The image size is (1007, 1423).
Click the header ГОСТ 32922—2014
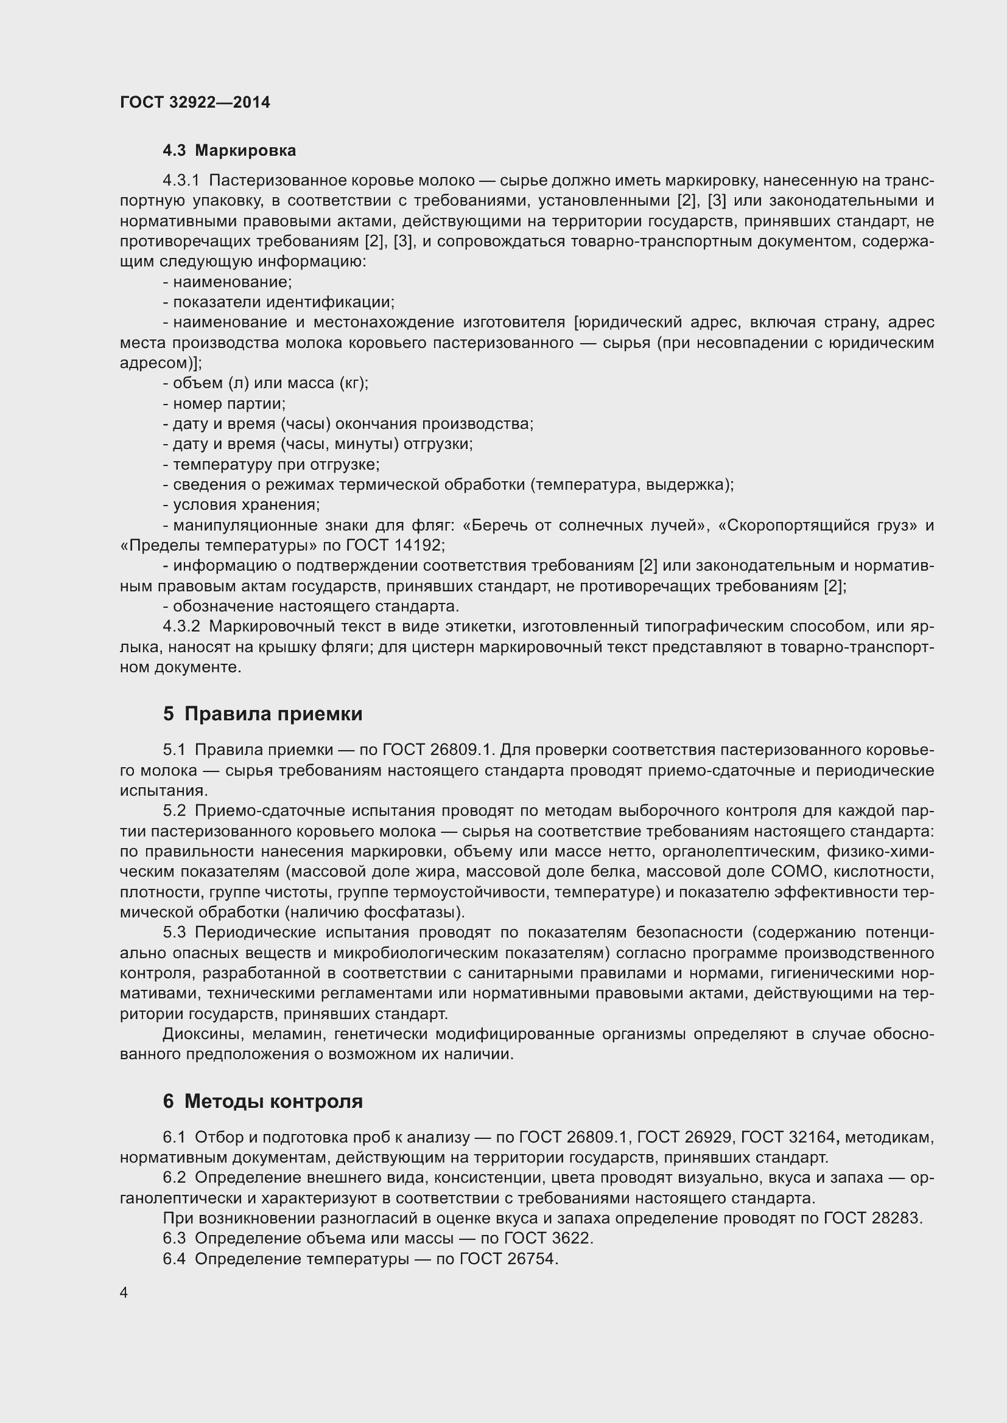pyautogui.click(x=195, y=102)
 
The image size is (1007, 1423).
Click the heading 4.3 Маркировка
pyautogui.click(x=229, y=151)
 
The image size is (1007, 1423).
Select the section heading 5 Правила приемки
pyautogui.click(x=262, y=714)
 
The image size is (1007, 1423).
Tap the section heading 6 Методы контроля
pyautogui.click(x=262, y=1101)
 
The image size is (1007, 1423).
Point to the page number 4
pyautogui.click(x=124, y=1292)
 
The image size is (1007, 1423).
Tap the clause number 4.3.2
pyautogui.click(x=181, y=627)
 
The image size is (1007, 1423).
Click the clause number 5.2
pyautogui.click(x=174, y=810)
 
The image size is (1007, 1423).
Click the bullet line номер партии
pyautogui.click(x=224, y=404)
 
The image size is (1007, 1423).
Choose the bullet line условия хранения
pyautogui.click(x=241, y=505)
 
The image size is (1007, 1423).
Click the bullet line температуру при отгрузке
pyautogui.click(x=271, y=464)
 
